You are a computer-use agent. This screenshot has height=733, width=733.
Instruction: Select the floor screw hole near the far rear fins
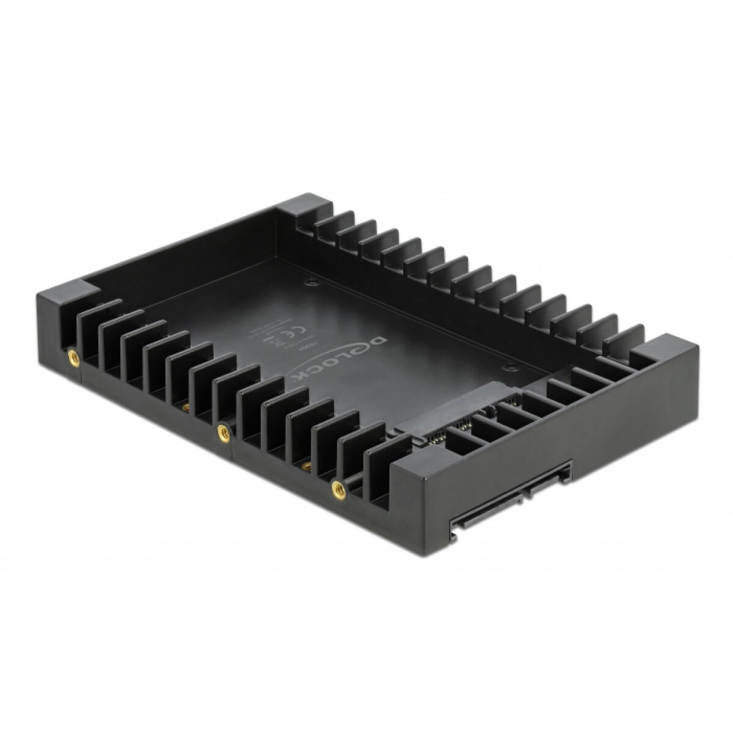(x=312, y=282)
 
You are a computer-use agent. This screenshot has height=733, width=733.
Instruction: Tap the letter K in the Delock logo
(x=299, y=378)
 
